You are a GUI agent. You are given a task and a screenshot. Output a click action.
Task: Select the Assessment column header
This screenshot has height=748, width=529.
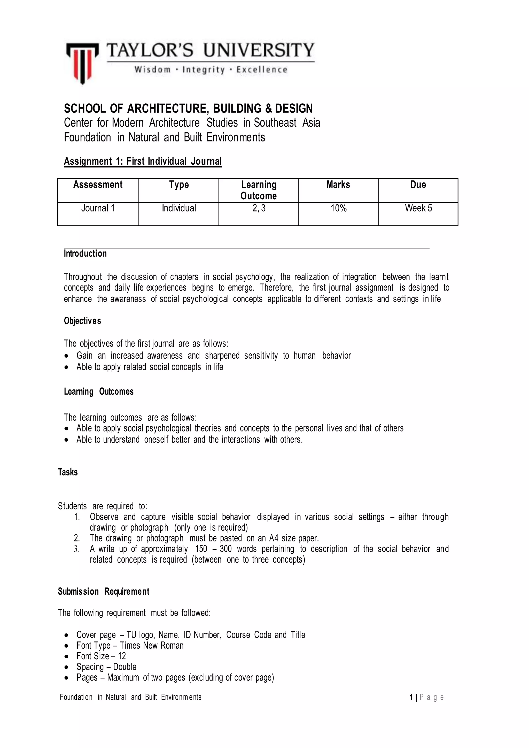pyautogui.click(x=98, y=185)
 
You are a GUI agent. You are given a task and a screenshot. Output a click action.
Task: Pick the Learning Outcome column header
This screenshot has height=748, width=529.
pyautogui.click(x=259, y=190)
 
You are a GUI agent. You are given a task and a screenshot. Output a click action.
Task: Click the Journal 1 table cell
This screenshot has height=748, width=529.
pyautogui.click(x=98, y=208)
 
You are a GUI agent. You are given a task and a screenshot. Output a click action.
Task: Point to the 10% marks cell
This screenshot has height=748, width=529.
pyautogui.click(x=338, y=208)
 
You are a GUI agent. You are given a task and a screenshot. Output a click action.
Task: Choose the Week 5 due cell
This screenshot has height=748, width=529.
pyautogui.click(x=418, y=208)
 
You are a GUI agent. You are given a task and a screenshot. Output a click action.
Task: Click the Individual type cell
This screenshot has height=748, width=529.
pyautogui.click(x=179, y=208)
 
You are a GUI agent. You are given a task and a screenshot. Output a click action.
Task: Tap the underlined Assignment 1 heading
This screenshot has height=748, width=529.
pyautogui.click(x=143, y=161)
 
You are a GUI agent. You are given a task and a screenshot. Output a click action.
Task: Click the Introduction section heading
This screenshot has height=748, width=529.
pyautogui.click(x=85, y=254)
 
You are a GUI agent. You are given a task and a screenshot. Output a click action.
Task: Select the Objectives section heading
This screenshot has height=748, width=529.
pyautogui.click(x=82, y=321)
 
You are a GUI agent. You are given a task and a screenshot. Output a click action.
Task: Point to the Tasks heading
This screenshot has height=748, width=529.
pyautogui.click(x=68, y=472)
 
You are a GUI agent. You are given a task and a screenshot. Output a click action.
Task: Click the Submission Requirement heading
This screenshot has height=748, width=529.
pyautogui.click(x=104, y=592)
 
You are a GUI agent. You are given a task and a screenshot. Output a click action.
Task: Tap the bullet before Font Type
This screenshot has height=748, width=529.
pyautogui.click(x=67, y=646)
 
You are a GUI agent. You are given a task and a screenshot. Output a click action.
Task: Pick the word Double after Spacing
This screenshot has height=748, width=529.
pyautogui.click(x=125, y=667)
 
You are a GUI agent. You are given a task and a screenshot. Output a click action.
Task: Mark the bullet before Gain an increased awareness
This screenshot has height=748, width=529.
pyautogui.click(x=67, y=356)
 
